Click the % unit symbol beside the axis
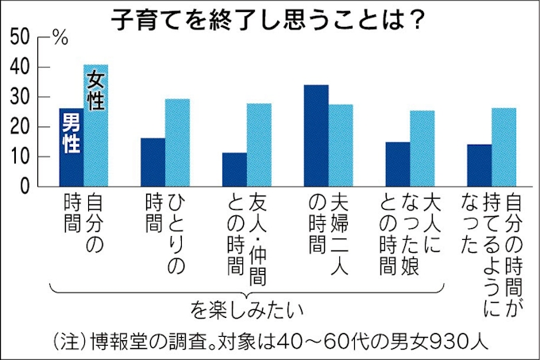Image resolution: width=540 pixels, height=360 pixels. click(x=60, y=37)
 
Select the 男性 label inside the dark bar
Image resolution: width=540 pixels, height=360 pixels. click(x=71, y=131)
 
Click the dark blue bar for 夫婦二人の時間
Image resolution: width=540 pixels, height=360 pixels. click(x=317, y=135)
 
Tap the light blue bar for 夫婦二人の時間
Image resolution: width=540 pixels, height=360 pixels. click(x=341, y=145)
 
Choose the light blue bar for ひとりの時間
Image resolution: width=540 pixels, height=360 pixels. click(x=177, y=142)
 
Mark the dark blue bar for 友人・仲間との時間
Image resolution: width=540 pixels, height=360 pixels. click(x=234, y=169)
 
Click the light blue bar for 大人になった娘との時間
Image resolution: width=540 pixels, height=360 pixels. click(x=422, y=148)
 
